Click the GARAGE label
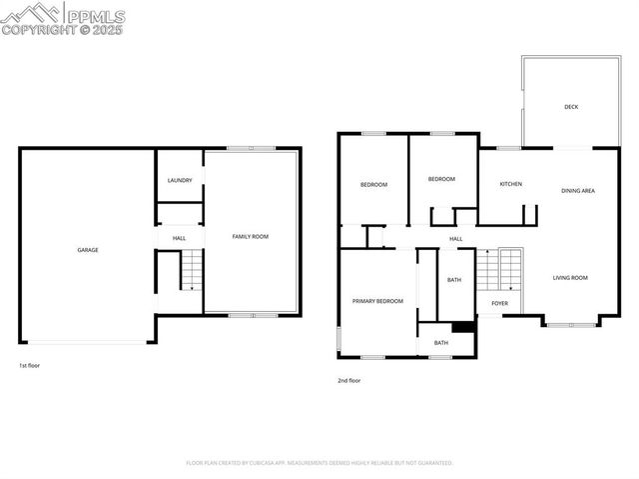88,250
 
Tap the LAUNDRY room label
180,181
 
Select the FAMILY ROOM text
251,237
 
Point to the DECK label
571,107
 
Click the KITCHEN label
511,184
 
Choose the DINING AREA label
578,190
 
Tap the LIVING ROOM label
570,278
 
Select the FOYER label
499,303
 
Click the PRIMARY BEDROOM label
377,301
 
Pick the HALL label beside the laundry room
180,239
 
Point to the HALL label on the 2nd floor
455,239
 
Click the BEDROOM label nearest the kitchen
441,179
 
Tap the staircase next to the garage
190,271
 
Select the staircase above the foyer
499,270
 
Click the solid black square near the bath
462,326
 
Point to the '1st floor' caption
29,365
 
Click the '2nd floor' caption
349,380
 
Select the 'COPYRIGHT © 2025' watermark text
62,30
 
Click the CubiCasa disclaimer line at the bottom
319,463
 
